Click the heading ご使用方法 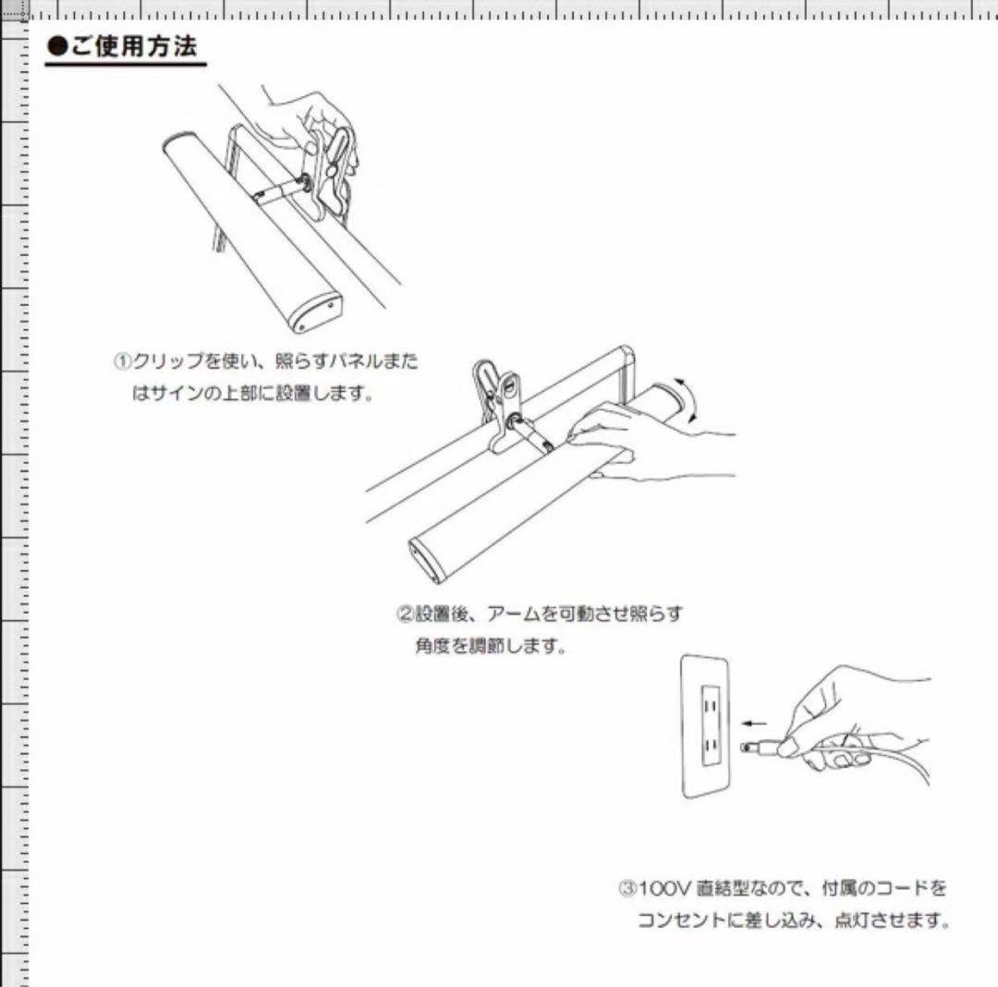(133, 47)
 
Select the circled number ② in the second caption (405, 614)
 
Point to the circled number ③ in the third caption (627, 889)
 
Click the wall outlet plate (707, 726)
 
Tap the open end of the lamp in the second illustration (427, 560)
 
